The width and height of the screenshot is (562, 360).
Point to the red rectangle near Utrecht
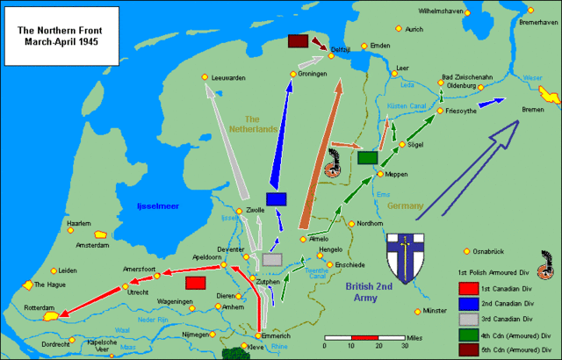pyautogui.click(x=196, y=283)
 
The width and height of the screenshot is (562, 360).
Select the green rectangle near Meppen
pyautogui.click(x=367, y=157)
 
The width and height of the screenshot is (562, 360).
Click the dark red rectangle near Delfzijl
pyautogui.click(x=298, y=41)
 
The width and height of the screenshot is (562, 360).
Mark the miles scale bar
pyautogui.click(x=364, y=336)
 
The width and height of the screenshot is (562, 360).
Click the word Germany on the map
pyautogui.click(x=407, y=205)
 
